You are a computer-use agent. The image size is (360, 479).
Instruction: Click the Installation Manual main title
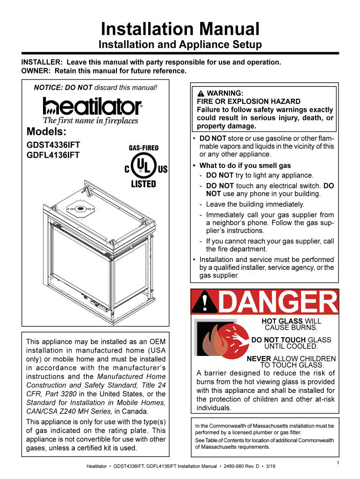point(180,29)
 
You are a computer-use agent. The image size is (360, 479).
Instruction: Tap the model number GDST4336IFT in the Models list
point(52,145)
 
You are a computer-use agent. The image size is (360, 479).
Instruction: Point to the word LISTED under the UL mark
point(144,184)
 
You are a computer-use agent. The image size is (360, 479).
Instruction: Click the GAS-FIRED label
point(144,148)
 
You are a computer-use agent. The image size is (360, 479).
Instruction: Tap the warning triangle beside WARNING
point(202,93)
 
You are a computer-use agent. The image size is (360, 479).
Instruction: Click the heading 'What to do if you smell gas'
point(245,166)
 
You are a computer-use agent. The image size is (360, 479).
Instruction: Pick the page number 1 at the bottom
point(337,463)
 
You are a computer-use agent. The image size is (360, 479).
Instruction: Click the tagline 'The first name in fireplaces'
point(91,121)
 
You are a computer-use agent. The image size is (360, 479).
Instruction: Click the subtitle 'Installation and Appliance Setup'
point(180,45)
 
